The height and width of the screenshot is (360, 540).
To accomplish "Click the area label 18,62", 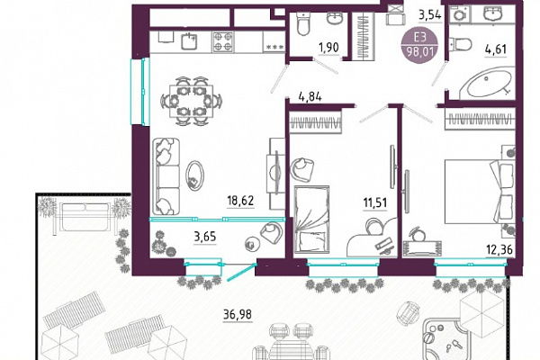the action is click(x=240, y=201).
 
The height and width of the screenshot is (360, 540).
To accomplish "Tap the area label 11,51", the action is click(x=375, y=202).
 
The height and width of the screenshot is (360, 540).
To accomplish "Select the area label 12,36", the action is click(x=499, y=249).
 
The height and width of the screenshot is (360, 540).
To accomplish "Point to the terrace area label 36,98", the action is click(x=238, y=314).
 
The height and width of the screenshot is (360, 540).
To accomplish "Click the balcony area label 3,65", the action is click(x=205, y=237).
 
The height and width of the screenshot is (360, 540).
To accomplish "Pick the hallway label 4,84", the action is click(x=310, y=97).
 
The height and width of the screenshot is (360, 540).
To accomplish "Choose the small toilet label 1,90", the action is click(x=328, y=47).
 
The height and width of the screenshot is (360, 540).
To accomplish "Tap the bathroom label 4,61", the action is click(x=496, y=49).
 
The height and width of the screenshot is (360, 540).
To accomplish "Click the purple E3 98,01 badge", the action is click(x=419, y=46).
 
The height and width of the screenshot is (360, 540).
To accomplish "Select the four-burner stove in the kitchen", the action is click(x=222, y=41).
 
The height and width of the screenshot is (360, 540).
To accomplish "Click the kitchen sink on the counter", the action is click(x=188, y=41).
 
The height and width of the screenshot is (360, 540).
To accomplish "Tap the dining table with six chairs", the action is click(x=191, y=102).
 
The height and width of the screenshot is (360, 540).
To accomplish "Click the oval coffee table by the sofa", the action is click(x=194, y=175).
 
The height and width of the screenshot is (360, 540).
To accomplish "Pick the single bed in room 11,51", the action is click(x=311, y=219).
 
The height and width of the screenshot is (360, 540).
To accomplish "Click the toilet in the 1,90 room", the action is click(x=303, y=23).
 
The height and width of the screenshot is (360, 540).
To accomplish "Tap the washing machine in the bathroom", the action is click(x=459, y=14).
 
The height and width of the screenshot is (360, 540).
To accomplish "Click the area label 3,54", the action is click(x=430, y=15).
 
